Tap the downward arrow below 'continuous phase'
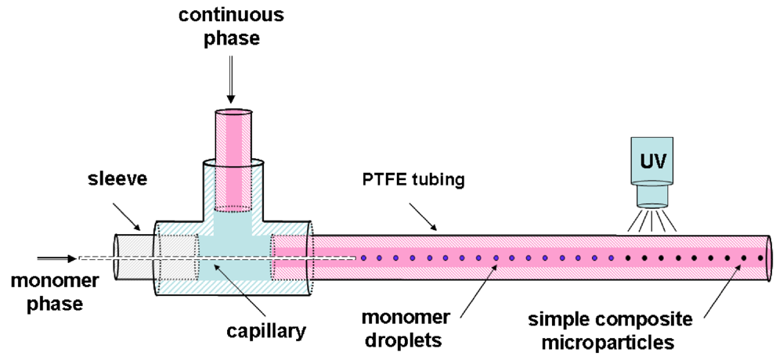[x=231, y=82]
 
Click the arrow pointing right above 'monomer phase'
[x=52, y=257]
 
